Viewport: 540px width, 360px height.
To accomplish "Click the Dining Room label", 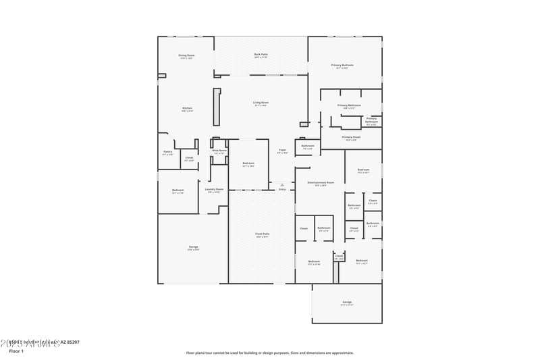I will pyautogui.click(x=186, y=55).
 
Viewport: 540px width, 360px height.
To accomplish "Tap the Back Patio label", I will pyautogui.click(x=261, y=54).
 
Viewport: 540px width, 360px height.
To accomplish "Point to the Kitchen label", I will pyautogui.click(x=187, y=108).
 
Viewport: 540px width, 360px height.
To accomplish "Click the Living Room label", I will pyautogui.click(x=261, y=103).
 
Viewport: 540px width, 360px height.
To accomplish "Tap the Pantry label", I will pyautogui.click(x=168, y=152).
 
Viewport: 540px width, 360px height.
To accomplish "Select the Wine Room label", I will pyautogui.click(x=219, y=151).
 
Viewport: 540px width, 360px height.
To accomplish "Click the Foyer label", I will pyautogui.click(x=282, y=150).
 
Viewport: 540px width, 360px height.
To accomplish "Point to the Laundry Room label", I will pyautogui.click(x=214, y=189).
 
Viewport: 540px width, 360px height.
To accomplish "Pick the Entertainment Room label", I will pyautogui.click(x=321, y=182).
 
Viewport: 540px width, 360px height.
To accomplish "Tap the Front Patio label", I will pyautogui.click(x=262, y=234).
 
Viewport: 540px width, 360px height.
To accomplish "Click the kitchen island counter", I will pyautogui.click(x=217, y=107).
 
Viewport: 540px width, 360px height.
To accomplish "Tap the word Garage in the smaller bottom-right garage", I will pyautogui.click(x=347, y=302).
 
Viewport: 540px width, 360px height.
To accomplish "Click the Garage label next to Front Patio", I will pyautogui.click(x=193, y=248).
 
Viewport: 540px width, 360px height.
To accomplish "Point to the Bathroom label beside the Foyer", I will pyautogui.click(x=308, y=146).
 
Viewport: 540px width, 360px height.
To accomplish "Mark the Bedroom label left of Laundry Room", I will pyautogui.click(x=178, y=190).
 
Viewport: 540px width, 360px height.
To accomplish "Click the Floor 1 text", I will pyautogui.click(x=16, y=351).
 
